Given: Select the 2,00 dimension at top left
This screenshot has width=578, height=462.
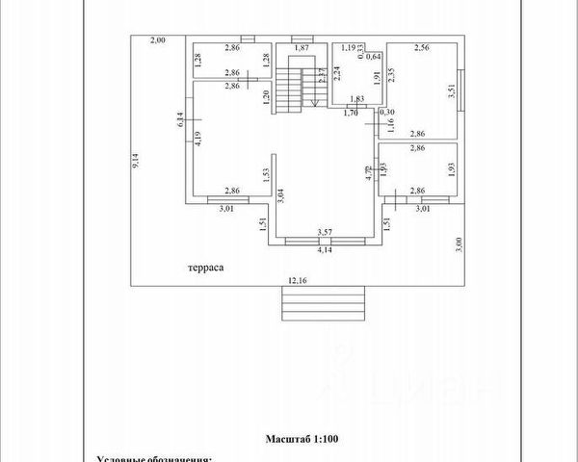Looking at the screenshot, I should click(158, 39).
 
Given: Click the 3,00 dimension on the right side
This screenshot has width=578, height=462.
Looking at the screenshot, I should click(460, 244).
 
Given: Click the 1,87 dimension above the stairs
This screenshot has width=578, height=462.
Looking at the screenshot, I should click(302, 47).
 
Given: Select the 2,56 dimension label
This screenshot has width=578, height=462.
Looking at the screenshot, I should click(422, 47).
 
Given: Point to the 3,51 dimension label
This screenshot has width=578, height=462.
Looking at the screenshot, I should click(450, 92).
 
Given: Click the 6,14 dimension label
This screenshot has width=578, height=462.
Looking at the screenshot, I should click(179, 119).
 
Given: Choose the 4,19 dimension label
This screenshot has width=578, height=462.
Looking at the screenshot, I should click(197, 137).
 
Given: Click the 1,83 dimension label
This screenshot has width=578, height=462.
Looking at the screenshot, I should click(356, 99).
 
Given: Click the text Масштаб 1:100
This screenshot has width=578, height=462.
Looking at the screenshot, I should click(302, 439).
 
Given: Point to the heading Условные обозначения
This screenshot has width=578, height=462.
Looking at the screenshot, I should click(154, 459).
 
